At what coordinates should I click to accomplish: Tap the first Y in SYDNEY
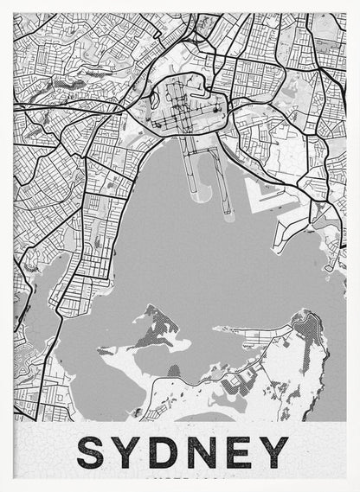[x=130, y=453]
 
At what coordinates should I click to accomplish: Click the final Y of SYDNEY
[x=274, y=453]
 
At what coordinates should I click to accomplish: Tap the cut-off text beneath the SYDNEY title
[x=182, y=477]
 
